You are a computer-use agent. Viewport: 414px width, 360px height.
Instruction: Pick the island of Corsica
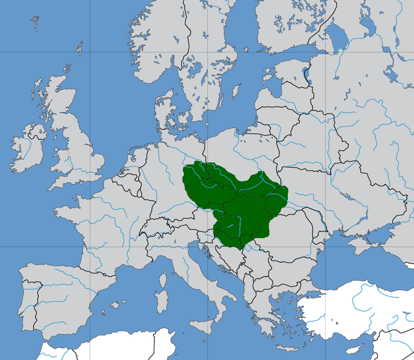pyautogui.click(x=163, y=273)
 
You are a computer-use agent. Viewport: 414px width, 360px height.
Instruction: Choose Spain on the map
pyautogui.click(x=66, y=294)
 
